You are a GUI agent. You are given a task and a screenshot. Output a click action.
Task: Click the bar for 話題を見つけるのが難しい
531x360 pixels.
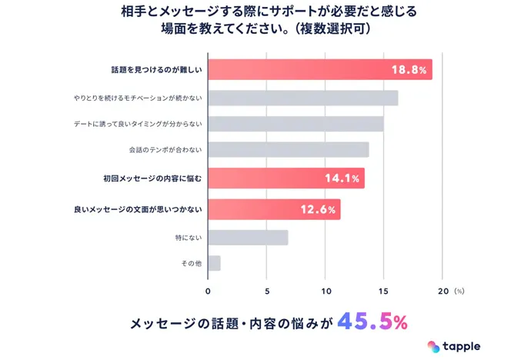click(x=319, y=69)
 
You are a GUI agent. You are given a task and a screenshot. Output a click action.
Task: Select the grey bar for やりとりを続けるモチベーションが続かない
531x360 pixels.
click(x=302, y=98)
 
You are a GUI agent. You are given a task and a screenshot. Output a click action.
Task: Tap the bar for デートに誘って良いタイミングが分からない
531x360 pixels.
click(x=296, y=124)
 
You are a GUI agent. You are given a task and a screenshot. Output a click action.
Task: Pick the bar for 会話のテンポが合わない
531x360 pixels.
click(x=288, y=149)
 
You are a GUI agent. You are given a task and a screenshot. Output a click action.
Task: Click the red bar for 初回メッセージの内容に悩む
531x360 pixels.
click(x=286, y=178)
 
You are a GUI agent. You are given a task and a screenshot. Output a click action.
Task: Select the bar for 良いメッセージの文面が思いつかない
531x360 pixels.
click(x=274, y=209)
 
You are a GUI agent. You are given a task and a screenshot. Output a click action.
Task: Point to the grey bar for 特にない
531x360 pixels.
click(x=248, y=238)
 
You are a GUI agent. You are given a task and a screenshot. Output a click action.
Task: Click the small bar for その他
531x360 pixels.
click(x=214, y=263)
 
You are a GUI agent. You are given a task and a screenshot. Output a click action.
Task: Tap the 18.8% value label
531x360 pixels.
click(x=408, y=70)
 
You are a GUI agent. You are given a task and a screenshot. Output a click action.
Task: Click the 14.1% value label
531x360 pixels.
click(x=342, y=178)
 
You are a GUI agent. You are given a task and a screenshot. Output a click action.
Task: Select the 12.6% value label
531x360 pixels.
click(x=318, y=209)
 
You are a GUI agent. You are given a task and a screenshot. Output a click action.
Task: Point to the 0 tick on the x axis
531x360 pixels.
click(x=208, y=292)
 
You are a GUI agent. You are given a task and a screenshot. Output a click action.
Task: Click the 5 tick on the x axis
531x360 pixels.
click(x=266, y=292)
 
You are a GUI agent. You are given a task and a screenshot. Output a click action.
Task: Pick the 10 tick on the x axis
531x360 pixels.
click(x=325, y=292)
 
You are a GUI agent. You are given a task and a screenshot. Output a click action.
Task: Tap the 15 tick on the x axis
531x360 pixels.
click(x=383, y=292)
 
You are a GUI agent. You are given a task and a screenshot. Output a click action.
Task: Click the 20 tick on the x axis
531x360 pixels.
click(x=442, y=292)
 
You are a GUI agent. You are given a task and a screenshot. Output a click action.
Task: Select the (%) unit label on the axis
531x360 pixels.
click(x=459, y=292)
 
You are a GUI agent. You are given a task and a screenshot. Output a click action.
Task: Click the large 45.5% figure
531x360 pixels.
click(x=372, y=322)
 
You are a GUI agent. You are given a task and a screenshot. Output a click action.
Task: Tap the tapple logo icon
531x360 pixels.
click(x=434, y=346)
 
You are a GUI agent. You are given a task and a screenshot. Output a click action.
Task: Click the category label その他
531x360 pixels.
click(x=191, y=263)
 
